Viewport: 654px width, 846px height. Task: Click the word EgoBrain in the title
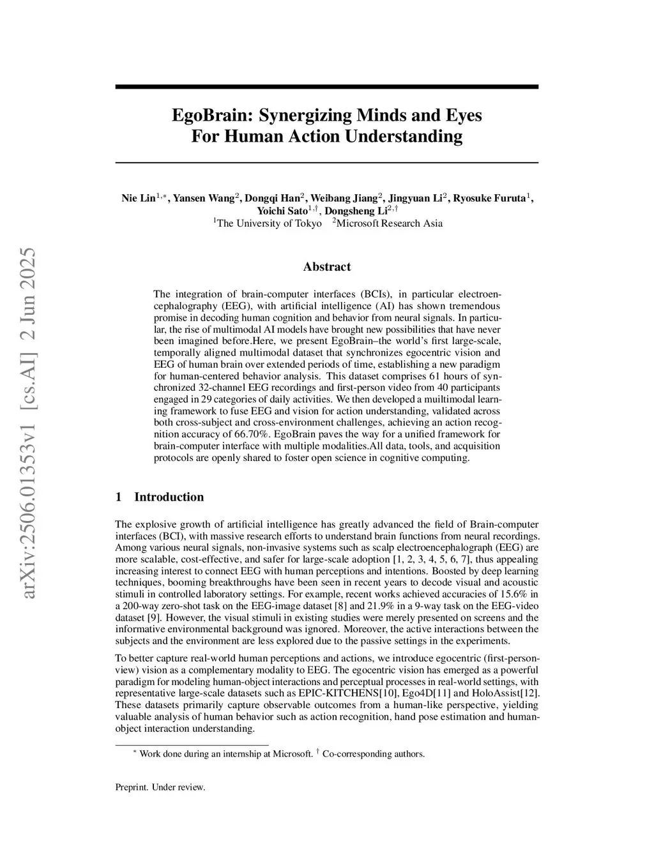208,116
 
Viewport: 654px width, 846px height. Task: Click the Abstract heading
326,267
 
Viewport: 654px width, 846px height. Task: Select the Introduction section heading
169,497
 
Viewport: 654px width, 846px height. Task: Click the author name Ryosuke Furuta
489,198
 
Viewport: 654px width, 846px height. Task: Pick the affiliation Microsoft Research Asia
389,223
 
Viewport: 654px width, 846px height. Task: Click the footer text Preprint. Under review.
160,787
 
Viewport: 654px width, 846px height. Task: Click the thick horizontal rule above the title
326,87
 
